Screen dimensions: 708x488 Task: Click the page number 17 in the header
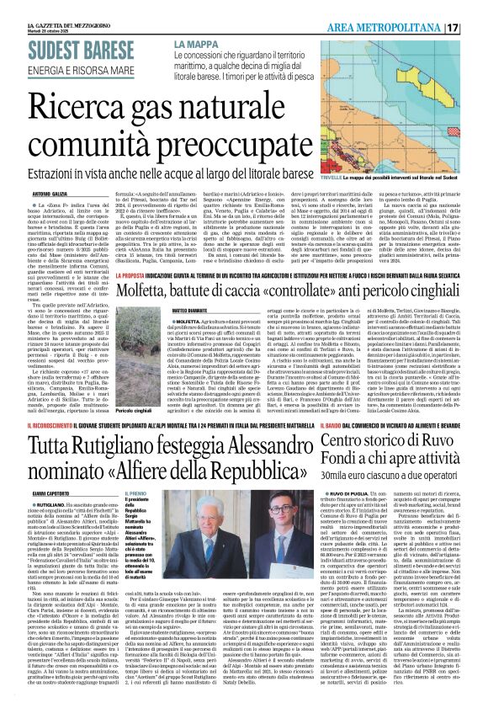[476, 28]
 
